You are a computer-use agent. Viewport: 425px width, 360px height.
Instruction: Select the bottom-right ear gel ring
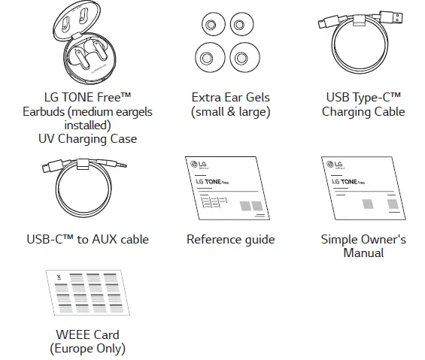pyautogui.click(x=241, y=57)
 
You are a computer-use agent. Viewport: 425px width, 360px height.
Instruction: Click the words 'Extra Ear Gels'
pyautogui.click(x=230, y=98)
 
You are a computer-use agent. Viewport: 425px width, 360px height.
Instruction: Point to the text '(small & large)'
pyautogui.click(x=230, y=112)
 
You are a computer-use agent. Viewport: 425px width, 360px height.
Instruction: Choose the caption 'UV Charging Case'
pyautogui.click(x=87, y=139)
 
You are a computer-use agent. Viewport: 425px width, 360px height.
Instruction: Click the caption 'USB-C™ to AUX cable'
pyautogui.click(x=87, y=240)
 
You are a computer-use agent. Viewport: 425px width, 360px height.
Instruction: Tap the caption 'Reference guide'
pyautogui.click(x=230, y=240)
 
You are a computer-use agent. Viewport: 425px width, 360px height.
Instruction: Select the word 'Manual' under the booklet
pyautogui.click(x=363, y=253)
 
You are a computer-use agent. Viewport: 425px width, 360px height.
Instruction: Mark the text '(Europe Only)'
pyautogui.click(x=87, y=349)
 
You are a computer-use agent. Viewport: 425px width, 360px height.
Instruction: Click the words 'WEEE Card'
pyautogui.click(x=87, y=334)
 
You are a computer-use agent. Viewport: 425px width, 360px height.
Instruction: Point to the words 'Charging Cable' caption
pyautogui.click(x=363, y=112)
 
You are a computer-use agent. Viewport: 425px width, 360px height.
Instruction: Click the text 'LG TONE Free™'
pyautogui.click(x=87, y=98)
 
